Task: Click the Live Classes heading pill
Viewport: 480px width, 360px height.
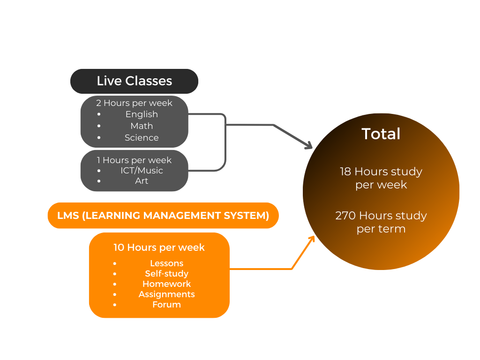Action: (135, 81)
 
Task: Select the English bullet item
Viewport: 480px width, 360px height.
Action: (142, 114)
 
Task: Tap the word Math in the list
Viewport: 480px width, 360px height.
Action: (142, 126)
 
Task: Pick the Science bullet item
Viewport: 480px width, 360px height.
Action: (142, 138)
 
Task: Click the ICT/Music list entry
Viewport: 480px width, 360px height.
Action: (142, 171)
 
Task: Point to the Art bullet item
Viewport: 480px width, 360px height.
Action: (142, 181)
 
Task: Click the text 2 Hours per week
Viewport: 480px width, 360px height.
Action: (134, 103)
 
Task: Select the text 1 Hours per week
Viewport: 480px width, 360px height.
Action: (134, 160)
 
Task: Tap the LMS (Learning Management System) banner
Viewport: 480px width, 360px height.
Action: (163, 216)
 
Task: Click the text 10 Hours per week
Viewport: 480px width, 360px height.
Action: (159, 247)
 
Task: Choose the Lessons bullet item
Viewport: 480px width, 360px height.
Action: (166, 263)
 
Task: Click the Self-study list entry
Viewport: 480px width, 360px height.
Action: (166, 274)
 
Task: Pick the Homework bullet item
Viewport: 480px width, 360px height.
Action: (166, 284)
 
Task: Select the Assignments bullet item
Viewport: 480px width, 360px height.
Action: (166, 294)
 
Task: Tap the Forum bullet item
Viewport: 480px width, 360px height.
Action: (166, 305)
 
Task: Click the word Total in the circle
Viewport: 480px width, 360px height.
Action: (381, 134)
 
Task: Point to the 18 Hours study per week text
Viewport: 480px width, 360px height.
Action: (381, 178)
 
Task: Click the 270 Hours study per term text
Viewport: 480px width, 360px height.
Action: (381, 222)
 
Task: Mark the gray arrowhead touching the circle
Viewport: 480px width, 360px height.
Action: (308, 146)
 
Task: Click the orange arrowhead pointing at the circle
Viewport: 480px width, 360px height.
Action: (311, 239)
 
